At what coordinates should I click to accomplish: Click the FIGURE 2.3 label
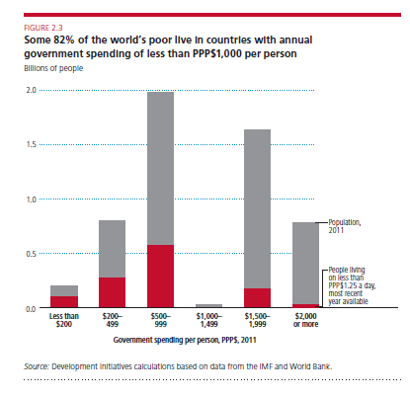(x=43, y=28)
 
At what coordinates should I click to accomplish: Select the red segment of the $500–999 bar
(x=160, y=277)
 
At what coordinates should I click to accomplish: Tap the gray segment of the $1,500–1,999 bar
(x=257, y=209)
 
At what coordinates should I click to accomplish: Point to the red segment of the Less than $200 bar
(x=64, y=302)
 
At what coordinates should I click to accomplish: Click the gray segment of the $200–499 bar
(x=112, y=249)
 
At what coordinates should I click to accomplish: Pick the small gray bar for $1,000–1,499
(x=208, y=306)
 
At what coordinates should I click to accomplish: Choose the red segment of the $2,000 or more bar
(x=305, y=306)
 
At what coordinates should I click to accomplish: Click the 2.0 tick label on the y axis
(x=32, y=90)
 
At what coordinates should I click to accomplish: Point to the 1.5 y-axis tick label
(x=32, y=144)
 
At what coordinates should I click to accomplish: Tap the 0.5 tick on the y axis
(x=32, y=254)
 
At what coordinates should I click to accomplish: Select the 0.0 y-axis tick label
(x=32, y=309)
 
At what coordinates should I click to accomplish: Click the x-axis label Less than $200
(x=64, y=320)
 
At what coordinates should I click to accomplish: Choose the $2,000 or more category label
(x=305, y=320)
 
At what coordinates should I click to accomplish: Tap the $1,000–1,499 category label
(x=209, y=320)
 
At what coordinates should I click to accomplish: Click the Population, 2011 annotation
(x=345, y=226)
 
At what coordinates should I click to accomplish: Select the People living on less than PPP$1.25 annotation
(x=352, y=285)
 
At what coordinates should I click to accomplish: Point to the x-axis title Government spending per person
(x=185, y=340)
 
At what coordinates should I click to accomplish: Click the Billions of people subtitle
(x=53, y=68)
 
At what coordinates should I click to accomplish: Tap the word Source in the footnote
(x=37, y=366)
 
